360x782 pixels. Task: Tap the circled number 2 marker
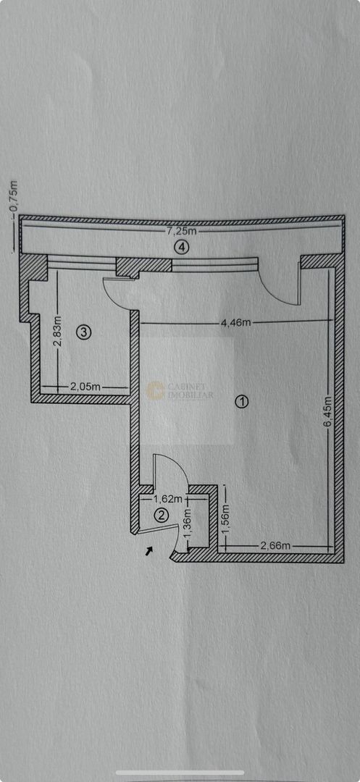[x=162, y=515]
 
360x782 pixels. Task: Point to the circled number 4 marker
[x=181, y=248]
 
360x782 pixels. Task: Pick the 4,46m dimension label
[x=236, y=322]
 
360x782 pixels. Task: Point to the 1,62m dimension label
[x=166, y=499]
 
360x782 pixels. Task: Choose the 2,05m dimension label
[x=85, y=387]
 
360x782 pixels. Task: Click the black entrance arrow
[x=149, y=552]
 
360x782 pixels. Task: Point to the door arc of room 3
[x=116, y=297]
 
